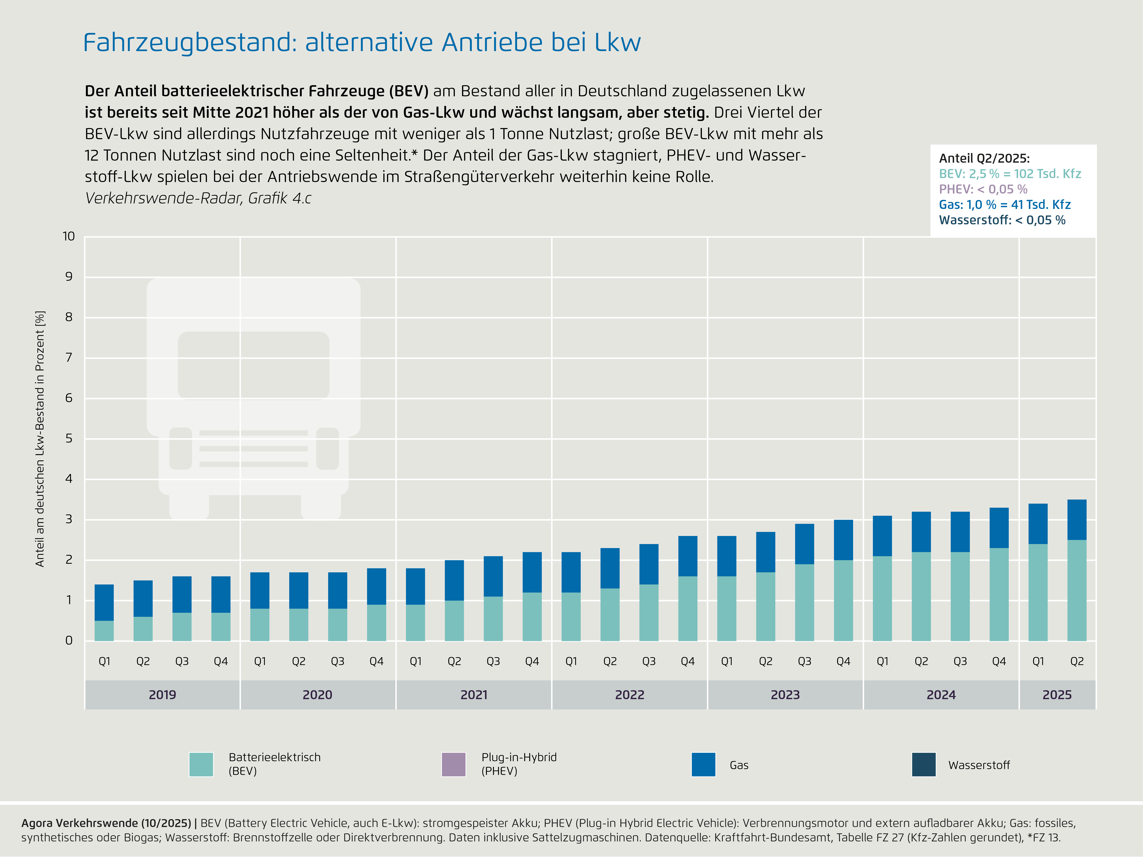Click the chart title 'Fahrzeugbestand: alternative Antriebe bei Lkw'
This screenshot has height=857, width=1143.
click(x=362, y=42)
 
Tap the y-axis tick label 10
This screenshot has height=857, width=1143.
click(x=69, y=237)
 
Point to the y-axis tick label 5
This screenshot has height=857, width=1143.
click(x=69, y=439)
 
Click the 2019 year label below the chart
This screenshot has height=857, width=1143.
click(x=162, y=695)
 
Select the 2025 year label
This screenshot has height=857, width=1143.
click(x=1057, y=695)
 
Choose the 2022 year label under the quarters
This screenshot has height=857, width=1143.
click(x=629, y=695)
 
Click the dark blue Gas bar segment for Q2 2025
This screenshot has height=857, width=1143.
click(x=1077, y=520)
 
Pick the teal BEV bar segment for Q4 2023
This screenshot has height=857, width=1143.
click(x=843, y=600)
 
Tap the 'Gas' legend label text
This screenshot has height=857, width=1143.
click(x=739, y=765)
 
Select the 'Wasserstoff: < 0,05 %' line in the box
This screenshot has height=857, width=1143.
click(x=1002, y=220)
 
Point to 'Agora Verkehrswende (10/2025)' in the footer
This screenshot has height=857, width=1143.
click(x=106, y=823)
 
